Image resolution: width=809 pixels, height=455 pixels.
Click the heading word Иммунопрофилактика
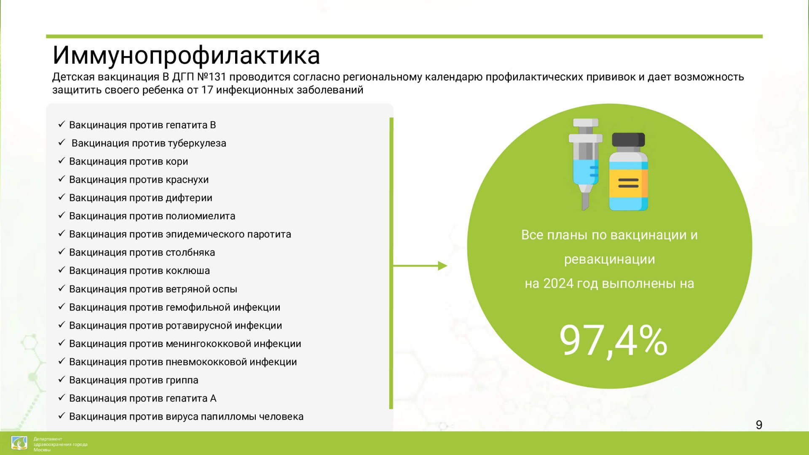coord(186,56)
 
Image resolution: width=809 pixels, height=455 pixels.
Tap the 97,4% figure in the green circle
coord(613,341)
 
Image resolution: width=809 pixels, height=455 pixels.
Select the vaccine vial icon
coord(628,172)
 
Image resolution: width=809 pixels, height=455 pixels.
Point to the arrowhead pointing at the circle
coord(442,266)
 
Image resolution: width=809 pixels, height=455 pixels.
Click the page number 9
coord(759,425)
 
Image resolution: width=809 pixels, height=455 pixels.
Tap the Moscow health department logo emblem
coord(19,443)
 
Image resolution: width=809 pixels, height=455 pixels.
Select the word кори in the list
coord(177,162)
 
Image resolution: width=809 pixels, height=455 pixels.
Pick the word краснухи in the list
coord(187,180)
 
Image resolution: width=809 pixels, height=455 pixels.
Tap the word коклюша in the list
coord(188,271)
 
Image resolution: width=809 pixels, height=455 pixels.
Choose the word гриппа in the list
coord(182,380)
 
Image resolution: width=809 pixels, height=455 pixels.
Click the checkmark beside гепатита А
coord(62,397)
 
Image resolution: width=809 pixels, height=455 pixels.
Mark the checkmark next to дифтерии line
coord(62,197)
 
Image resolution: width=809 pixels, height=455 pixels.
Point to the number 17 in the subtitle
coord(207,90)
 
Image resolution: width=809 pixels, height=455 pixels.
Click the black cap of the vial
coord(628,140)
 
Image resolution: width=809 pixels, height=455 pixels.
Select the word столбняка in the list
coord(190,253)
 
